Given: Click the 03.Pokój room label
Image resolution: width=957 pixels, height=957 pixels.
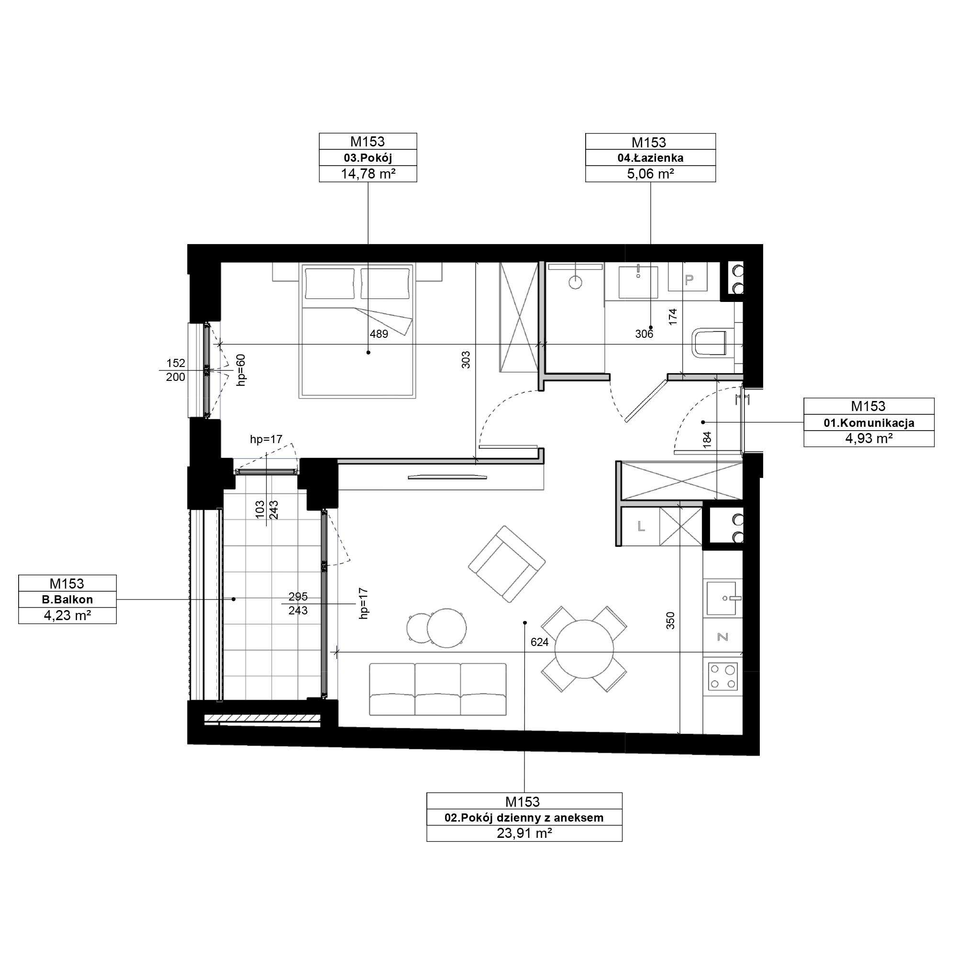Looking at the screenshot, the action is coord(367,158).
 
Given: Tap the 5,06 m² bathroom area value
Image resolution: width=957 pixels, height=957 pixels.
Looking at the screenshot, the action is coord(650,174).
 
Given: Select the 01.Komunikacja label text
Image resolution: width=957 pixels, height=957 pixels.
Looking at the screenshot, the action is coord(869,423).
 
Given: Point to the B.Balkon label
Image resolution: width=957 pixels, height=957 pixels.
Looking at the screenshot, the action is coord(67,600).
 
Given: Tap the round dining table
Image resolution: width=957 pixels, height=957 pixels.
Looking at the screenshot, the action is coord(585,649).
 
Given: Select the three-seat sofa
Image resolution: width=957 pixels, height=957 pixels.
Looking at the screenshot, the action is coord(438,690).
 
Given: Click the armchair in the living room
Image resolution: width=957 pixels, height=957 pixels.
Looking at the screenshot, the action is coord(507,564).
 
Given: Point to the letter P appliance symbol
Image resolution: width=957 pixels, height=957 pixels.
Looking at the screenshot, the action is coord(689,280).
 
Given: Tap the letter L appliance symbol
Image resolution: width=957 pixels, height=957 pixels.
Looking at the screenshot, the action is coord(641,526).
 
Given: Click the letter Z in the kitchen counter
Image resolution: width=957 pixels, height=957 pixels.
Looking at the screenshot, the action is coord(723,637).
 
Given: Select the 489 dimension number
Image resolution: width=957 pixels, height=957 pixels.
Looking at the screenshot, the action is coord(379,334).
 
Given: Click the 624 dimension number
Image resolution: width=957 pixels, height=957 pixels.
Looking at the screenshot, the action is coord(539,643).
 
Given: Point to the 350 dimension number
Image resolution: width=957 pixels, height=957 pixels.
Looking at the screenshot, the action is coord(670,621).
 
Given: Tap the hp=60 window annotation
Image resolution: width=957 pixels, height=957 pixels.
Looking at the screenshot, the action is coord(241,369).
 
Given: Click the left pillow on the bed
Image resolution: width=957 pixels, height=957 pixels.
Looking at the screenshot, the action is coord(330,283).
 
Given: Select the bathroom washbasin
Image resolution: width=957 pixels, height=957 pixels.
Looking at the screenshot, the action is coord(638,282).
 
